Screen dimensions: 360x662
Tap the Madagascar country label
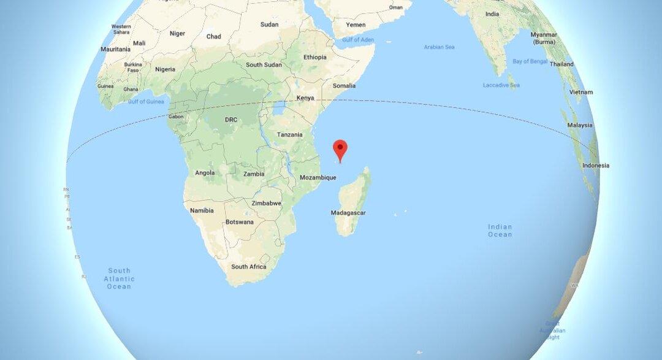pos(348,213)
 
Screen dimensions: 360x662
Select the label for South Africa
pos(248,267)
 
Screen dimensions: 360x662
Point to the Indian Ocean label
pos(500,231)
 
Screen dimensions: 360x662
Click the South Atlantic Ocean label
pos(119,278)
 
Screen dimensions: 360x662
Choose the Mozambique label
pos(318,178)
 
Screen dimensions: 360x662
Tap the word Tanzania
pos(289,135)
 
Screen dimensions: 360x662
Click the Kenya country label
pos(305,98)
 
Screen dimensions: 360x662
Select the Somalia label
pos(344,86)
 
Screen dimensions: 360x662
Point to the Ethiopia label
pos(315,57)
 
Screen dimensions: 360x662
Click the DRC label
pos(231,120)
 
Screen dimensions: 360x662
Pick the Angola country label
pos(205,173)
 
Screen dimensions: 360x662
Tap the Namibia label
pos(202,210)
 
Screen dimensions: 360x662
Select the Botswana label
pos(240,222)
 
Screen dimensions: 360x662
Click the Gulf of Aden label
pos(357,40)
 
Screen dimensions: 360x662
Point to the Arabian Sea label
pos(439,47)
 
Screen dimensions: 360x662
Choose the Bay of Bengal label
pos(529,61)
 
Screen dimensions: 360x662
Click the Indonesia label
pos(596,166)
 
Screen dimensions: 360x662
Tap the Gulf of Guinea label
pos(145,101)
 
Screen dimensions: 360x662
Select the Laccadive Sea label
pos(501,85)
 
